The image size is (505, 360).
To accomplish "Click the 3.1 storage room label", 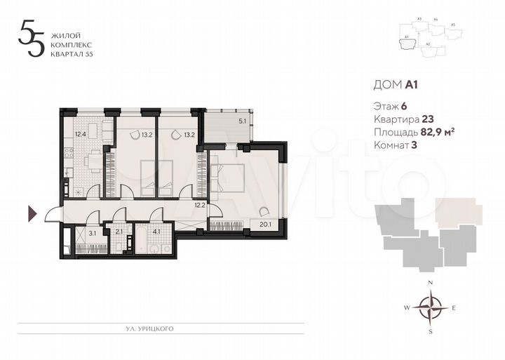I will [92, 234].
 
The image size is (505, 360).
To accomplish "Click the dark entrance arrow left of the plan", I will [32, 213].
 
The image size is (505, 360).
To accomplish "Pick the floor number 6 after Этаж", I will [404, 106].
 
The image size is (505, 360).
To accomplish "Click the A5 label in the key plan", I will [452, 25].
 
